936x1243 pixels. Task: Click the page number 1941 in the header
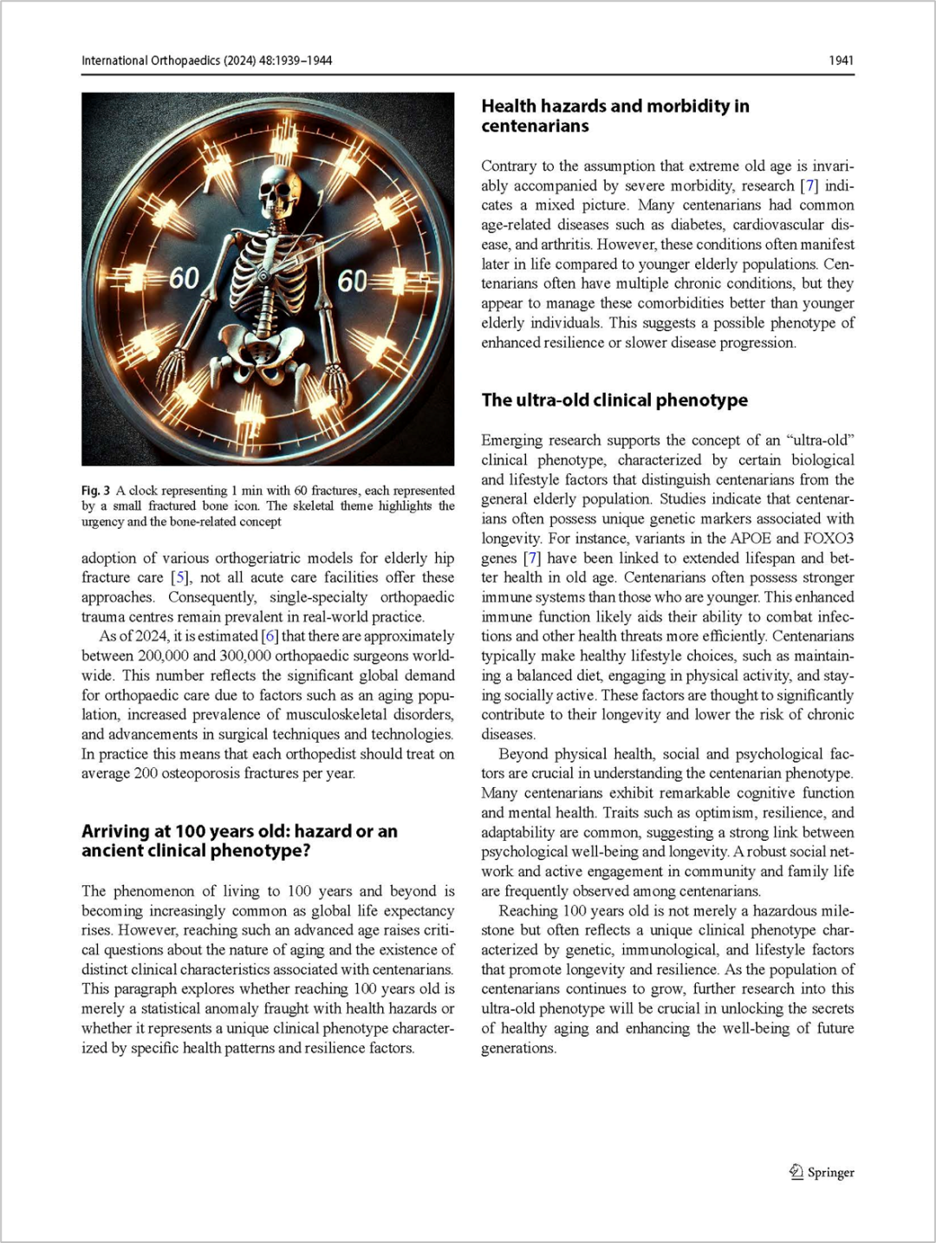pos(841,61)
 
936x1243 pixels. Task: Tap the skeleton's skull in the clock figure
pos(279,192)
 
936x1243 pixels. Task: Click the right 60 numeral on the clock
pos(353,281)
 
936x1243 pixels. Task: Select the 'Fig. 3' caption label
pos(95,491)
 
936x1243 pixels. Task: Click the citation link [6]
pos(270,636)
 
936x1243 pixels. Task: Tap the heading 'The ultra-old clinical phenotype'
pos(614,400)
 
